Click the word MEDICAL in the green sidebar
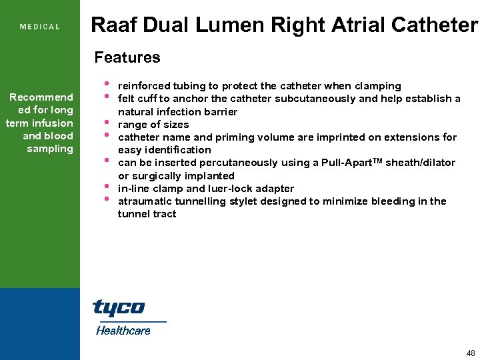pyautogui.click(x=40, y=27)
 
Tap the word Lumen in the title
pyautogui.click(x=236, y=25)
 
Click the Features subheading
pyautogui.click(x=127, y=57)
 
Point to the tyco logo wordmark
pyautogui.click(x=118, y=307)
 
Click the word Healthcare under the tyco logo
pyautogui.click(x=123, y=330)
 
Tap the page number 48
pyautogui.click(x=471, y=353)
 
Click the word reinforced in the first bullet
pyautogui.click(x=143, y=86)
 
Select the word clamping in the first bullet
pyautogui.click(x=379, y=86)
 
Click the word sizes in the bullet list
pyautogui.click(x=176, y=125)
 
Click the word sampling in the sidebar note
pyautogui.click(x=50, y=149)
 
